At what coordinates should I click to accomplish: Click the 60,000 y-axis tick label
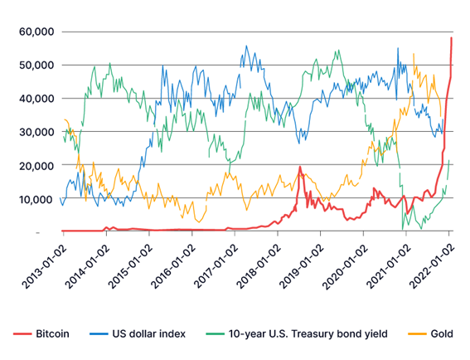click(36, 32)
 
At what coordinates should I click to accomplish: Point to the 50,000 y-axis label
click(36, 65)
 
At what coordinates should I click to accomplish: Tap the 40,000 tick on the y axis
click(36, 99)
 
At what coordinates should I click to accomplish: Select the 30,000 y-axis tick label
click(36, 132)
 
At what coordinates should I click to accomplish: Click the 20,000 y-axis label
click(36, 165)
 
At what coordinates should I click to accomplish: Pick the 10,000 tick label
click(36, 199)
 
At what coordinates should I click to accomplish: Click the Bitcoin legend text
click(52, 334)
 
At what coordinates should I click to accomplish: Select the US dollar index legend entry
click(148, 334)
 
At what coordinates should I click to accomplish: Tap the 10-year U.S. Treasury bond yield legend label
click(308, 334)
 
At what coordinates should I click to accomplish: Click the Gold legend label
click(442, 334)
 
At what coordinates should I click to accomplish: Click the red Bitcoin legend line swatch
click(22, 334)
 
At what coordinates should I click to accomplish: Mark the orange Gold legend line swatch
click(417, 334)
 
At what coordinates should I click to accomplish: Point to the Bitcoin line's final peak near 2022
click(452, 38)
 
